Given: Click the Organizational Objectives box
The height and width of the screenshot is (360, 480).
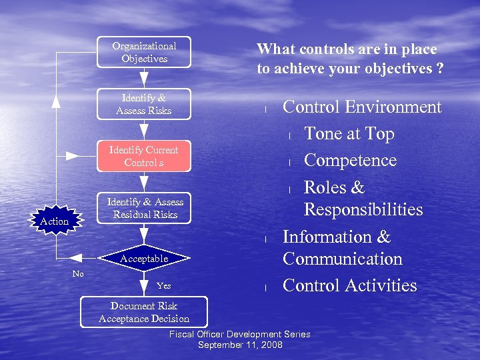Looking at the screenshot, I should pyautogui.click(x=144, y=52).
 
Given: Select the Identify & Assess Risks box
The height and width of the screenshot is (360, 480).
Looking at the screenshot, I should pyautogui.click(x=144, y=104).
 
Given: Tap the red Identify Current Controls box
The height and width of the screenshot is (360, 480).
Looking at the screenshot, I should pyautogui.click(x=144, y=156).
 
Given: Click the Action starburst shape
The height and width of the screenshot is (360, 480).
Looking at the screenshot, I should pyautogui.click(x=55, y=221).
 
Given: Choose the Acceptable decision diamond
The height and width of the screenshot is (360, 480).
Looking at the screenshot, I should pyautogui.click(x=144, y=258).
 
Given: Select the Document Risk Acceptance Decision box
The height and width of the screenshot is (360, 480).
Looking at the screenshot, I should pyautogui.click(x=144, y=312).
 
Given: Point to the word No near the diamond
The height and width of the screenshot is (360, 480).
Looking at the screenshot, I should pyautogui.click(x=78, y=274).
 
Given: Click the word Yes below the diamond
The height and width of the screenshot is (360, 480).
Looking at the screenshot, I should pyautogui.click(x=163, y=286).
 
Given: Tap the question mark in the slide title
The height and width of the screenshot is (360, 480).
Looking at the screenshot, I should pyautogui.click(x=440, y=68).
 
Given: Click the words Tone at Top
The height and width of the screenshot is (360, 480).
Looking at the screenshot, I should pyautogui.click(x=349, y=134).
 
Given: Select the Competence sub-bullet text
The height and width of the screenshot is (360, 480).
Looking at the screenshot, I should pyautogui.click(x=350, y=161).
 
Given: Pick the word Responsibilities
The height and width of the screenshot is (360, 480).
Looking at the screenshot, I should pyautogui.click(x=363, y=210).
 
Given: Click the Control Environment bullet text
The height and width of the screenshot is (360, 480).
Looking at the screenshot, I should pyautogui.click(x=362, y=107).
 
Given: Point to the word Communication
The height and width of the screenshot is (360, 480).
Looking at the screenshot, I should pyautogui.click(x=343, y=259).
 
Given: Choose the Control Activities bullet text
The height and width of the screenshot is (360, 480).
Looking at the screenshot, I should pyautogui.click(x=350, y=285).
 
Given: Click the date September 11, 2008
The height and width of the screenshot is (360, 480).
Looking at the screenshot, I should pyautogui.click(x=240, y=345).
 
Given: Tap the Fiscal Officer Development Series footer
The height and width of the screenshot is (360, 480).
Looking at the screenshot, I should pyautogui.click(x=240, y=334).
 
